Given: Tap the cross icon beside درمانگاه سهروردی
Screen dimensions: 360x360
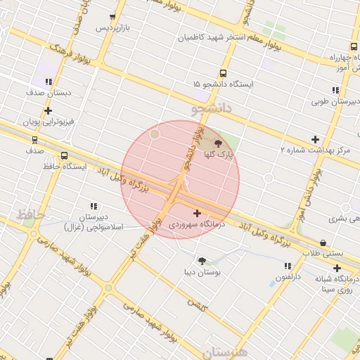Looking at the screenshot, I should [197, 213].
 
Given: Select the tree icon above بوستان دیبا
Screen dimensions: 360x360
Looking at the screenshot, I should [202, 260].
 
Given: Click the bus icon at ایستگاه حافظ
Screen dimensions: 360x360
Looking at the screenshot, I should [65, 156].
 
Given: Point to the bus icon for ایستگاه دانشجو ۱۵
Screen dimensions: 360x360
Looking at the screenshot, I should [224, 73].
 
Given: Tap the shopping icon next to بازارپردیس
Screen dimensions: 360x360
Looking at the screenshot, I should [113, 17].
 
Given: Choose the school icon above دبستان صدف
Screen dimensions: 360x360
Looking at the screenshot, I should [49, 82].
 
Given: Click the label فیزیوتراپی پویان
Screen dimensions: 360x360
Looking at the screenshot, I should [47, 122].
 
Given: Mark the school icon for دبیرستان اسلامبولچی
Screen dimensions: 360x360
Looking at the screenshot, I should [94, 206].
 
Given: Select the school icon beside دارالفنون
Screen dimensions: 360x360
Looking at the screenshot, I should [287, 266].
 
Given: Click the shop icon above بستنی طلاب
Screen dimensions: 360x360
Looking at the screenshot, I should [323, 243].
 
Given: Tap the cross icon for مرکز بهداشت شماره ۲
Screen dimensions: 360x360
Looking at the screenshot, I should [314, 139].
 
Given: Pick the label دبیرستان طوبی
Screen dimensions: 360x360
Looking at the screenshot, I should [335, 101].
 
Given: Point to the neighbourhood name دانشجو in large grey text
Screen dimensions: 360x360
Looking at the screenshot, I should [210, 110].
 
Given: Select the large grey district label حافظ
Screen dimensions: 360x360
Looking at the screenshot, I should [31, 214].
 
